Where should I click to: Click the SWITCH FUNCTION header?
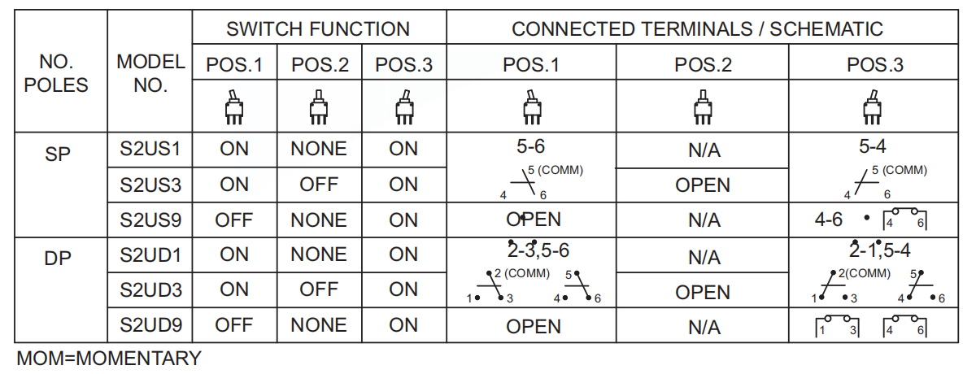point(318,29)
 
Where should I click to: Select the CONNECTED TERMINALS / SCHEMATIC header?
point(697,29)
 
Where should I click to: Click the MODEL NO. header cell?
point(150,73)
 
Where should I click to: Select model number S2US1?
point(150,150)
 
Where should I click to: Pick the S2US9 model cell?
point(150,220)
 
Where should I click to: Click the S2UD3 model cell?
point(150,289)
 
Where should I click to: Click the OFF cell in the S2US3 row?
point(319,185)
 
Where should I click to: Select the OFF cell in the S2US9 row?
point(233,220)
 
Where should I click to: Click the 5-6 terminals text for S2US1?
point(531,148)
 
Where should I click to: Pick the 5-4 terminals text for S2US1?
point(873,148)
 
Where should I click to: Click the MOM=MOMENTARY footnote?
point(109,358)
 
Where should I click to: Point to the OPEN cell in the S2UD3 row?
point(703,292)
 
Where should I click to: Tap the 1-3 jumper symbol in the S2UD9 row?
point(837,327)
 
